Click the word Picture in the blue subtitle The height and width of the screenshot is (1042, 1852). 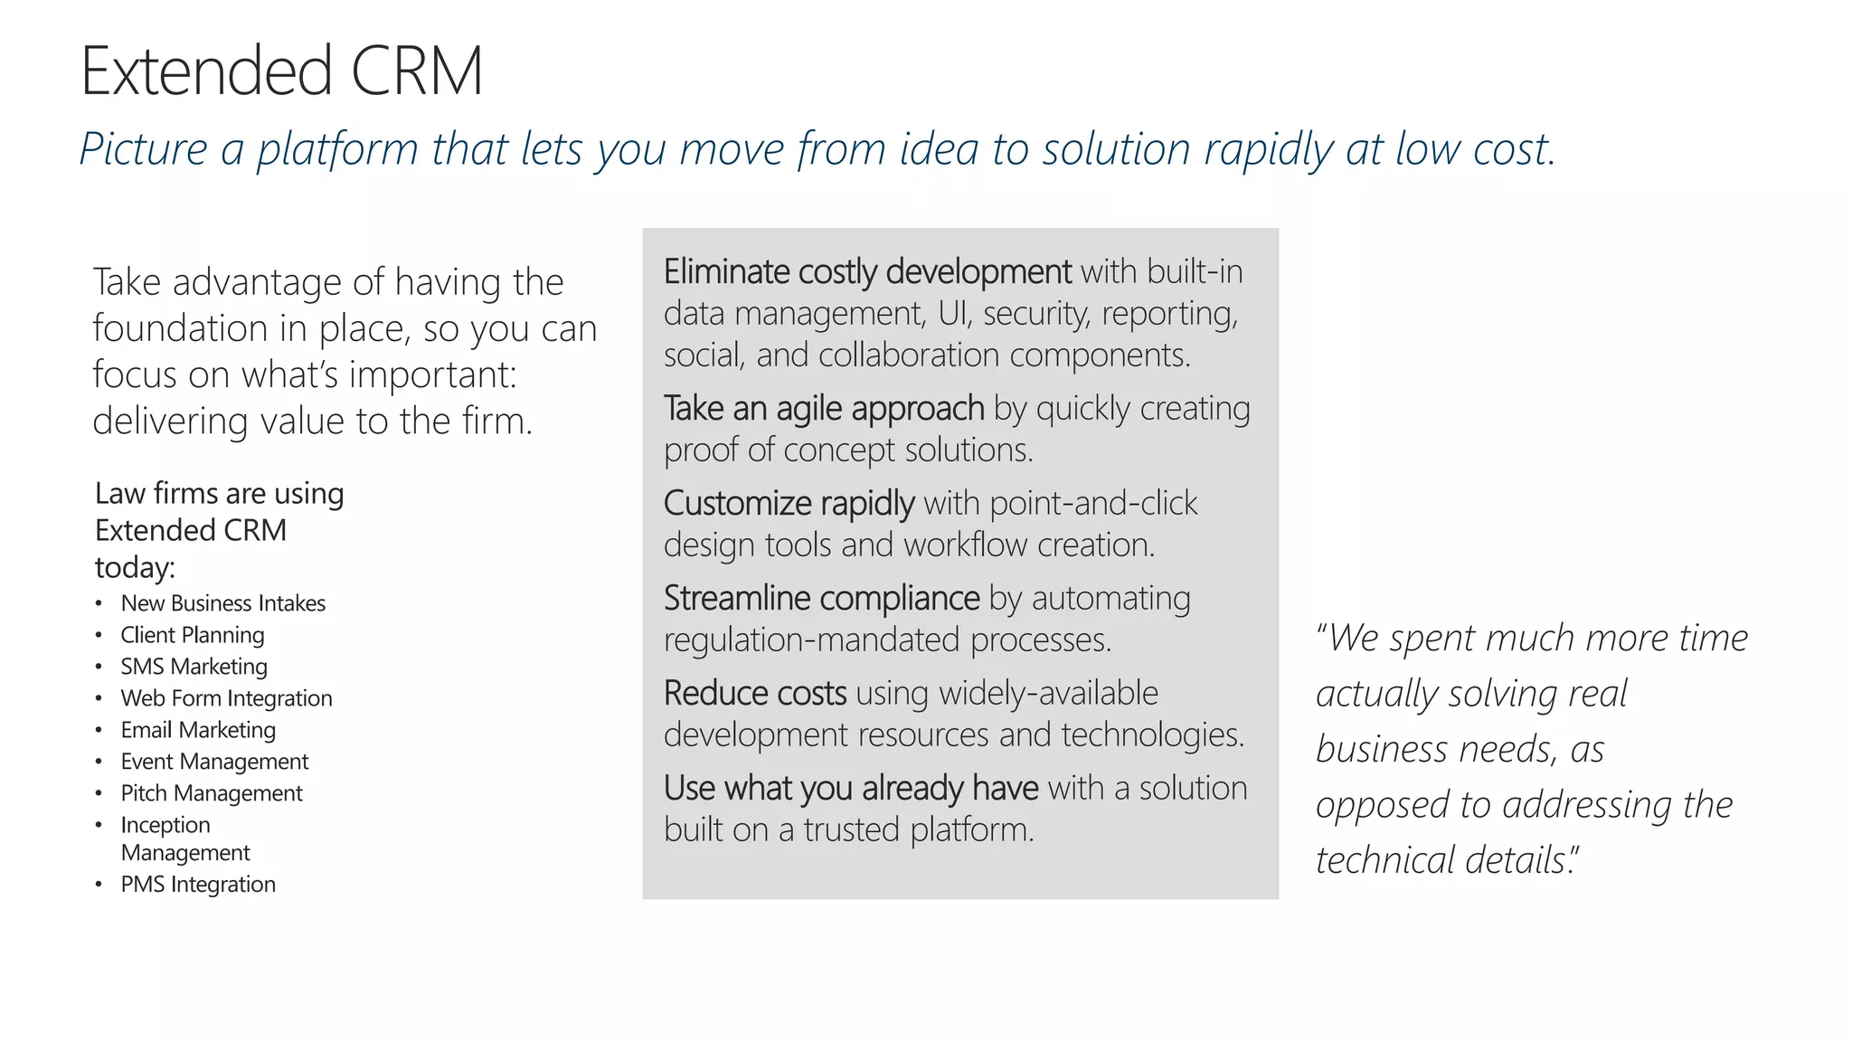coord(143,149)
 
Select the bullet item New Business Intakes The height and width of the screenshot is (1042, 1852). coord(222,603)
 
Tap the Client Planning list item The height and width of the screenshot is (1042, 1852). coord(193,635)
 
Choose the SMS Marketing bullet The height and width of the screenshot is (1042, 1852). coord(194,667)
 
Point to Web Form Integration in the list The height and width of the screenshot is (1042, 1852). coord(226,698)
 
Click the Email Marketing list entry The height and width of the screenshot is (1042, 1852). coord(198,730)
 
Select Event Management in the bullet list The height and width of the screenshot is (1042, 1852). coord(214,762)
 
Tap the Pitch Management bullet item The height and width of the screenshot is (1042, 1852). coord(212,793)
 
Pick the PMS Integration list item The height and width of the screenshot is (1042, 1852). coord(198,885)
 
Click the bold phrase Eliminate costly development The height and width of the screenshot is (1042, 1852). coord(867,271)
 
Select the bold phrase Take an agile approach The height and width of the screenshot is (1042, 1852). coord(824,409)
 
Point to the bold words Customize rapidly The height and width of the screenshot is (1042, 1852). coord(789,503)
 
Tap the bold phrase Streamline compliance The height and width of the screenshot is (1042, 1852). coord(821,598)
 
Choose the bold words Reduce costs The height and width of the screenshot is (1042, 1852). coord(755,693)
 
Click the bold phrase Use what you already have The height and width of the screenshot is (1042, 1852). coord(850,788)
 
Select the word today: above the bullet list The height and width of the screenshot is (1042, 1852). coord(135,568)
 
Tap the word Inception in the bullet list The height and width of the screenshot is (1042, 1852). coord(165,825)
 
